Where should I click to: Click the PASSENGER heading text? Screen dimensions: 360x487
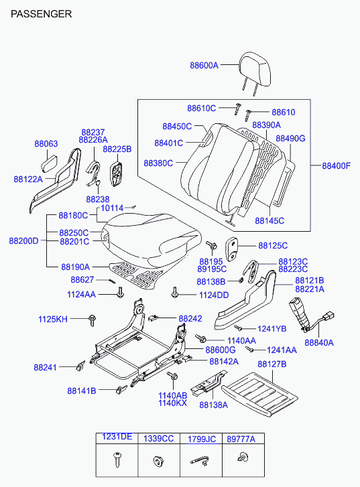tap(41, 14)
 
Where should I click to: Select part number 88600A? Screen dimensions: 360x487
tap(204, 65)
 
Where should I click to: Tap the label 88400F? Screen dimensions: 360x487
tap(336, 165)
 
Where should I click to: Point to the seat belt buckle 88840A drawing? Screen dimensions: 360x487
tap(310, 316)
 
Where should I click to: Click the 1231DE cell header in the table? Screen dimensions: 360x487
tap(117, 437)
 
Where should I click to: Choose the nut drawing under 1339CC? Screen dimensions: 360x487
tap(158, 461)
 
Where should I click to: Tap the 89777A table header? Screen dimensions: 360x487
tap(241, 439)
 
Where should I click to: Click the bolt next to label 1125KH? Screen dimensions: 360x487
tap(92, 320)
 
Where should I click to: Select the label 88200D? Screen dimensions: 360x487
tap(23, 240)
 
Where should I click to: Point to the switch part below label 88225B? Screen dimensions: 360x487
tap(116, 173)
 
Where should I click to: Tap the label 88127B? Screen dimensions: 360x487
tap(272, 364)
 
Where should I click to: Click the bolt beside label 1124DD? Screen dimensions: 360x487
tap(174, 292)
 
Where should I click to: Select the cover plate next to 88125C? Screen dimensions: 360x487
tap(231, 249)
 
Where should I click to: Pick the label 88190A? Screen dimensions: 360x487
tap(75, 267)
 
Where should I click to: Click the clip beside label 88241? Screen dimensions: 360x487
tap(80, 365)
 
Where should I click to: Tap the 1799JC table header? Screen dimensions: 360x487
tap(201, 439)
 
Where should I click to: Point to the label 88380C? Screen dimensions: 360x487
tap(158, 163)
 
